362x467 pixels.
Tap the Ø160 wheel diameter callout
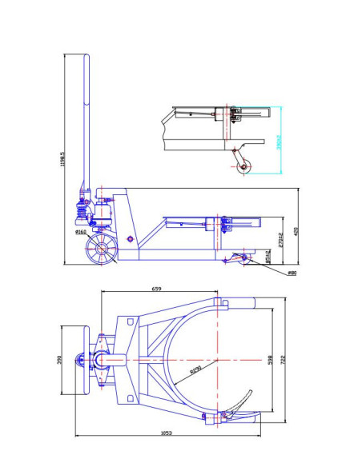tap(80, 232)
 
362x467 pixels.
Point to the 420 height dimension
tap(296, 232)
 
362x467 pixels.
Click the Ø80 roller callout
tap(292, 273)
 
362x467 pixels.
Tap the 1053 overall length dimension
tap(167, 433)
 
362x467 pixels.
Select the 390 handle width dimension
tap(58, 360)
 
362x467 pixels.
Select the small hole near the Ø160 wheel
tap(130, 238)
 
